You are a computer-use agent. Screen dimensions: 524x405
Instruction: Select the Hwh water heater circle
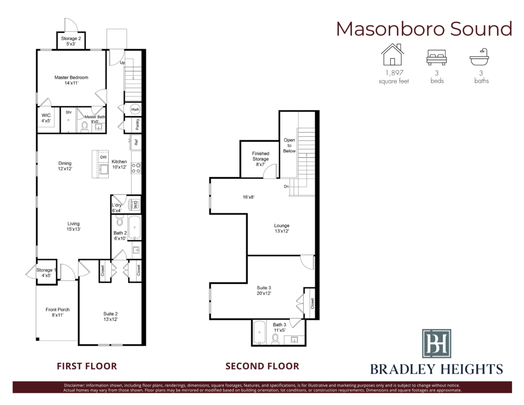click(x=135, y=109)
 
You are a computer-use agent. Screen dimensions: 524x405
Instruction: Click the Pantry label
click(x=137, y=125)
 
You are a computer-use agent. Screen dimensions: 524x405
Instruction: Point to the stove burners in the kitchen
click(x=136, y=168)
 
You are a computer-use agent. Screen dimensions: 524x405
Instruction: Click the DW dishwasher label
click(x=103, y=157)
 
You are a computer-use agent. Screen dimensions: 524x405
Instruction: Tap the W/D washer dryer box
click(x=136, y=204)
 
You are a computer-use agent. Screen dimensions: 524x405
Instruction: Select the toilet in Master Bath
click(x=85, y=127)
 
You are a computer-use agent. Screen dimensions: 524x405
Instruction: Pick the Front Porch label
click(x=57, y=312)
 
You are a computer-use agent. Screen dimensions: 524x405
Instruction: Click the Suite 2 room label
click(x=110, y=316)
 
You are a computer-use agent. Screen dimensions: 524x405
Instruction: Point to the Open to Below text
click(x=289, y=145)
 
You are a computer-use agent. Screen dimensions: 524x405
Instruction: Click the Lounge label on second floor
click(x=282, y=228)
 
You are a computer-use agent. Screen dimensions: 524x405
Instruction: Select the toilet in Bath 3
click(x=275, y=339)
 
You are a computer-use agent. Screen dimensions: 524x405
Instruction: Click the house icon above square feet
click(x=393, y=55)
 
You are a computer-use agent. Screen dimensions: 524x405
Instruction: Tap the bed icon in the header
click(x=437, y=57)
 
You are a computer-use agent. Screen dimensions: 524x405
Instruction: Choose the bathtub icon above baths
click(x=480, y=56)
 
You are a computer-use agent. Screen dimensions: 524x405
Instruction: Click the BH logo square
click(x=437, y=344)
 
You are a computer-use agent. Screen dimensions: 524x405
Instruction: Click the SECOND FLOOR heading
click(x=262, y=366)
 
